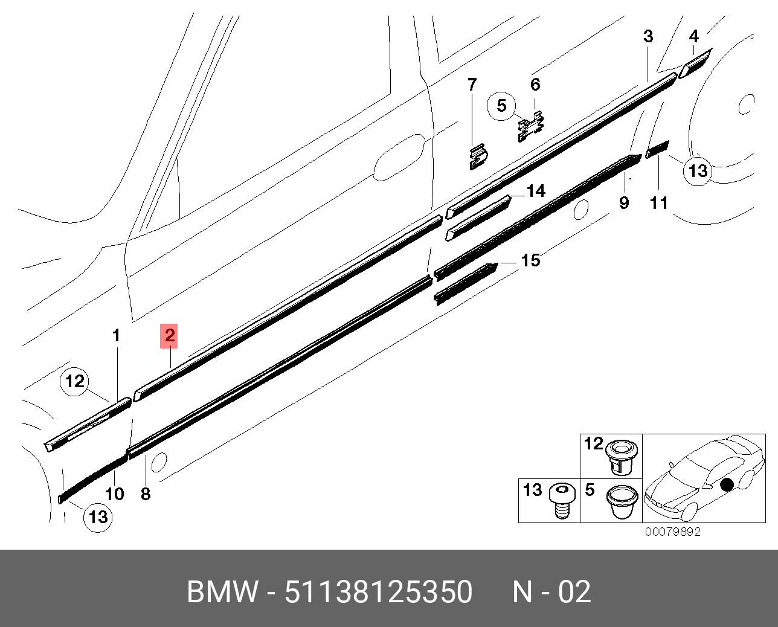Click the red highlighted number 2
click(169, 336)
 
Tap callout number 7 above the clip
click(472, 85)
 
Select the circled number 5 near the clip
click(501, 106)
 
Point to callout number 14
click(536, 191)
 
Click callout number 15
click(531, 260)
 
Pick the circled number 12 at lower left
click(75, 381)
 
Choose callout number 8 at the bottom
click(146, 494)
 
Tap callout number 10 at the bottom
click(115, 494)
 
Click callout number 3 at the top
click(648, 36)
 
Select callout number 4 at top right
click(694, 36)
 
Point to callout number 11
click(658, 203)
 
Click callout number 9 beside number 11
click(624, 203)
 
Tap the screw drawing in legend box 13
click(561, 501)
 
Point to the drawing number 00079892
click(673, 532)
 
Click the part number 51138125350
click(379, 592)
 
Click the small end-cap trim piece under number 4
click(695, 63)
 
